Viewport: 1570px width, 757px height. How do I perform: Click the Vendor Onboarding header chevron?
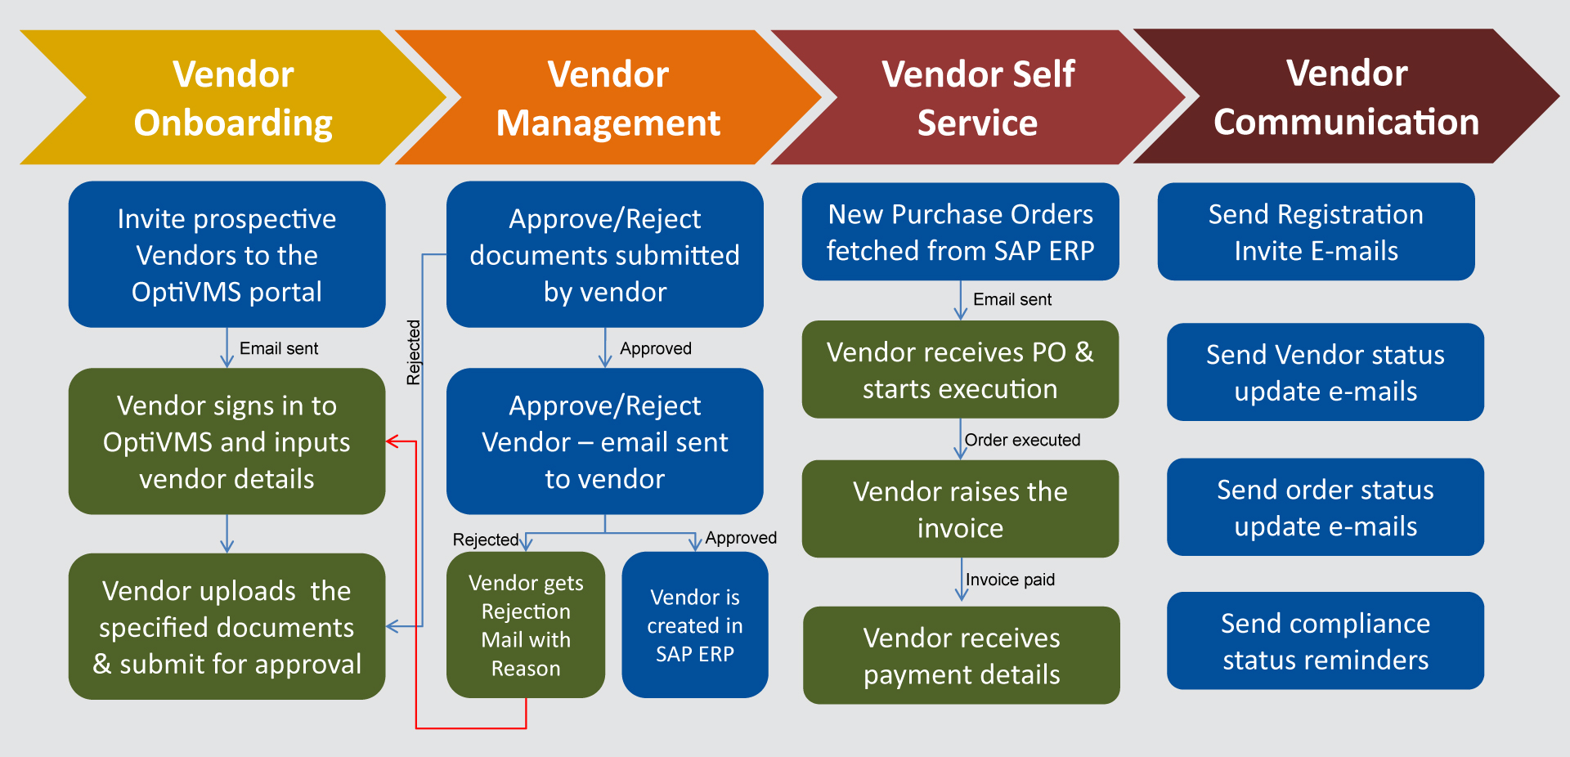[233, 98]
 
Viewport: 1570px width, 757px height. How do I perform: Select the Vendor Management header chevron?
[608, 98]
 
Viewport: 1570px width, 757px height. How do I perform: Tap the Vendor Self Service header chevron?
[977, 98]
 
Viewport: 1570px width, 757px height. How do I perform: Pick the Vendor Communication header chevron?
[1346, 97]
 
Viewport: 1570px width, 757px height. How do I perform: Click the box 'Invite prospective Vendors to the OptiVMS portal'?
[227, 254]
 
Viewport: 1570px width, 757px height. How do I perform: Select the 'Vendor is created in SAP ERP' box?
[694, 625]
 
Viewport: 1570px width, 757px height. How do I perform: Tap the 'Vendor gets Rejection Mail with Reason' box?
[525, 625]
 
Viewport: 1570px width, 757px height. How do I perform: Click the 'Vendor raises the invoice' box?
[960, 509]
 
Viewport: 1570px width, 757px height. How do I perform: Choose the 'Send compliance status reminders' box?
[1325, 641]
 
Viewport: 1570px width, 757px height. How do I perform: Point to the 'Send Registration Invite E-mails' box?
[1316, 232]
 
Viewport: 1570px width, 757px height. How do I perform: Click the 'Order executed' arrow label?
[1022, 440]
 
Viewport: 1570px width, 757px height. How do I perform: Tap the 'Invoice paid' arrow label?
[1010, 580]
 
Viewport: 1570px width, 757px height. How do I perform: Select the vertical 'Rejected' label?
[414, 352]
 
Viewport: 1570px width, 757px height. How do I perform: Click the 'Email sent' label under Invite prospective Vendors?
[279, 348]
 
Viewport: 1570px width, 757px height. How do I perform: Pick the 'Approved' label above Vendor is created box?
[741, 538]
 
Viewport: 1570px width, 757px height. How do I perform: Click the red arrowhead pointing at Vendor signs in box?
[392, 441]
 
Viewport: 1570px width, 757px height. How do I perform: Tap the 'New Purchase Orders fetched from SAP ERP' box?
[960, 232]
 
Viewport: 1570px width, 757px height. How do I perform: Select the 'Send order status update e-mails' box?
[1325, 508]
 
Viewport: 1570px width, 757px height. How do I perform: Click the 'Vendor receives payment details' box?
[961, 656]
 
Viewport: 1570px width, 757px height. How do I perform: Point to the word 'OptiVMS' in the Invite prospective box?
[173, 292]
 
